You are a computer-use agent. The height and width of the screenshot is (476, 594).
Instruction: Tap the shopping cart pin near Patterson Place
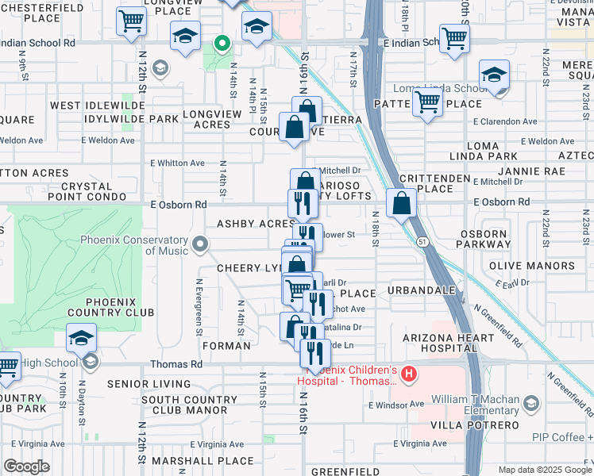427,102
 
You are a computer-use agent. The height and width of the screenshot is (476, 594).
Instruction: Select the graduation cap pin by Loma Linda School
494,76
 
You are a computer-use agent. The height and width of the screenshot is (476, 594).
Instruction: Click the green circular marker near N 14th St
224,44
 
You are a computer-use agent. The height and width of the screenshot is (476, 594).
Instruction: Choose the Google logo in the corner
26,466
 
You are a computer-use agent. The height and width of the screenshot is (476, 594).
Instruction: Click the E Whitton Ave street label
178,163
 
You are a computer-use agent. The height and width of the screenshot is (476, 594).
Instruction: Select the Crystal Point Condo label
87,196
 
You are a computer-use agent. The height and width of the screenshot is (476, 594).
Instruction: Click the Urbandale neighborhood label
421,291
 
